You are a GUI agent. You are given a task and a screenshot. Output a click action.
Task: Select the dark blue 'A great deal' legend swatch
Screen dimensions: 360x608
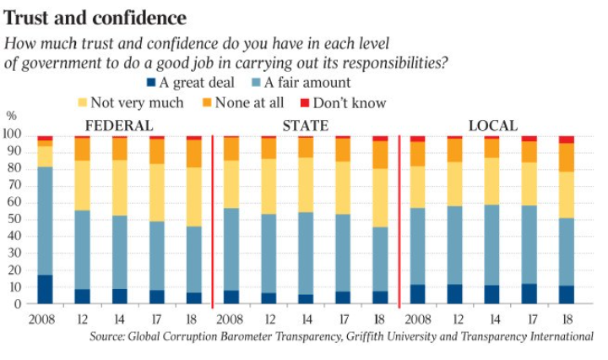point(151,83)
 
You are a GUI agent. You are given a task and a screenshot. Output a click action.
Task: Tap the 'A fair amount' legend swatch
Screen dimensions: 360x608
point(256,83)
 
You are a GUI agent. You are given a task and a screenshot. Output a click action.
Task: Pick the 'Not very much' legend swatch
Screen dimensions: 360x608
point(82,103)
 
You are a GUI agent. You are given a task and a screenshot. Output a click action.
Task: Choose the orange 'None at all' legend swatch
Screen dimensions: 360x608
point(212,103)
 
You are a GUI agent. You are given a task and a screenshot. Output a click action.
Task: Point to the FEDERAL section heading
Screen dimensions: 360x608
point(119,126)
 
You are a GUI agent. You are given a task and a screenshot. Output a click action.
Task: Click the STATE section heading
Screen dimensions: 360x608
point(305,126)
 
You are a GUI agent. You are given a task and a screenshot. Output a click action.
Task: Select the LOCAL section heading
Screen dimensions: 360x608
point(492,126)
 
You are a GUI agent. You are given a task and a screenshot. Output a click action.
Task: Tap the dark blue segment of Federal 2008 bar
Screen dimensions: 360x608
point(45,289)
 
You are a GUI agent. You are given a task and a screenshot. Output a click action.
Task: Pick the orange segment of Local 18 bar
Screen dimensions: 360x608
point(566,157)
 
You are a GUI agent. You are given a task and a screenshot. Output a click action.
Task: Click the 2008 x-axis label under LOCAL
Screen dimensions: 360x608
point(417,319)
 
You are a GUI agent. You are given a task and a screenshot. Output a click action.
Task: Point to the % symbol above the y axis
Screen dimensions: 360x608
point(11,116)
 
